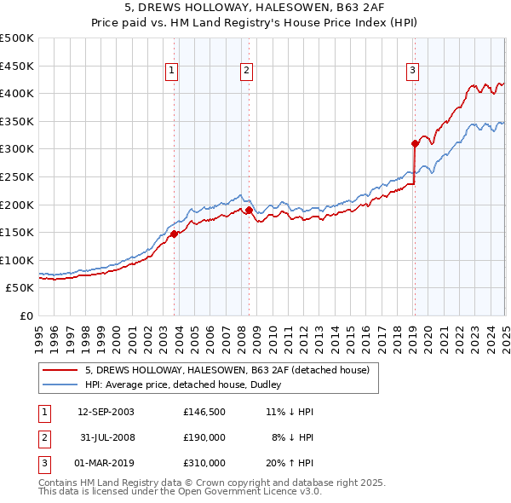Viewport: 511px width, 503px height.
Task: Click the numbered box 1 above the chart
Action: click(171, 71)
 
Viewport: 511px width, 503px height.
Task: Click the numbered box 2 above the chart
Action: click(246, 71)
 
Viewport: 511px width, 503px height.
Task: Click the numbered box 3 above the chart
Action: click(412, 71)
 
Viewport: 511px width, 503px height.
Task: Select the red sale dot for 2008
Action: click(249, 210)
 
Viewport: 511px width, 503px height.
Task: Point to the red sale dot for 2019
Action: click(415, 143)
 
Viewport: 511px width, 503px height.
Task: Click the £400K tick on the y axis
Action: click(17, 94)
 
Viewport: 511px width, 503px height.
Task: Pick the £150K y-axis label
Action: click(17, 232)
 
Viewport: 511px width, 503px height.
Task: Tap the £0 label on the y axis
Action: click(27, 315)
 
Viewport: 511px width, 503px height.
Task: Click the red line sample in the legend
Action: click(59, 370)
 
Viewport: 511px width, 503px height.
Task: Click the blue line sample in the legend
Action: click(59, 384)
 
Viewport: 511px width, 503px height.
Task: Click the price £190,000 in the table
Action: click(204, 437)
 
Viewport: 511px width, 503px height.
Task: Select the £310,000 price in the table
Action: click(204, 463)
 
